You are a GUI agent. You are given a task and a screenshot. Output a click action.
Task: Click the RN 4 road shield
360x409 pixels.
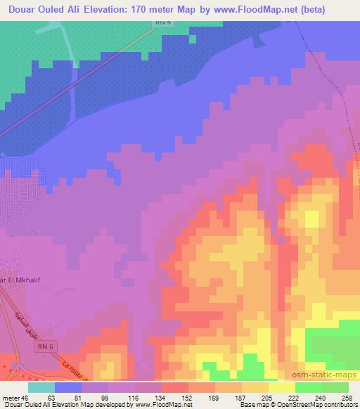164,23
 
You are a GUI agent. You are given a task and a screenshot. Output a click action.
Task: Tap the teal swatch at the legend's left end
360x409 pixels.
41,387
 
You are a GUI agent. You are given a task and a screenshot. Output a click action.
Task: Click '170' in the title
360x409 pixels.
141,8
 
